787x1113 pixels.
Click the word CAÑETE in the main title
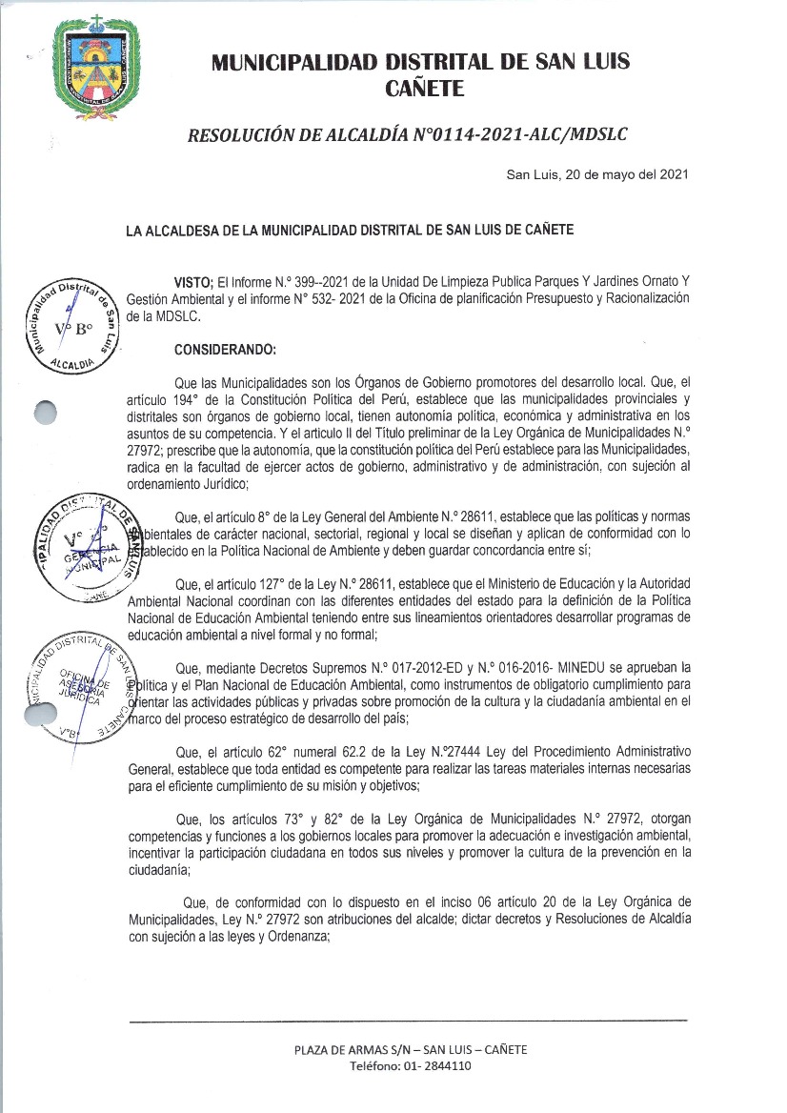click(425, 89)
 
